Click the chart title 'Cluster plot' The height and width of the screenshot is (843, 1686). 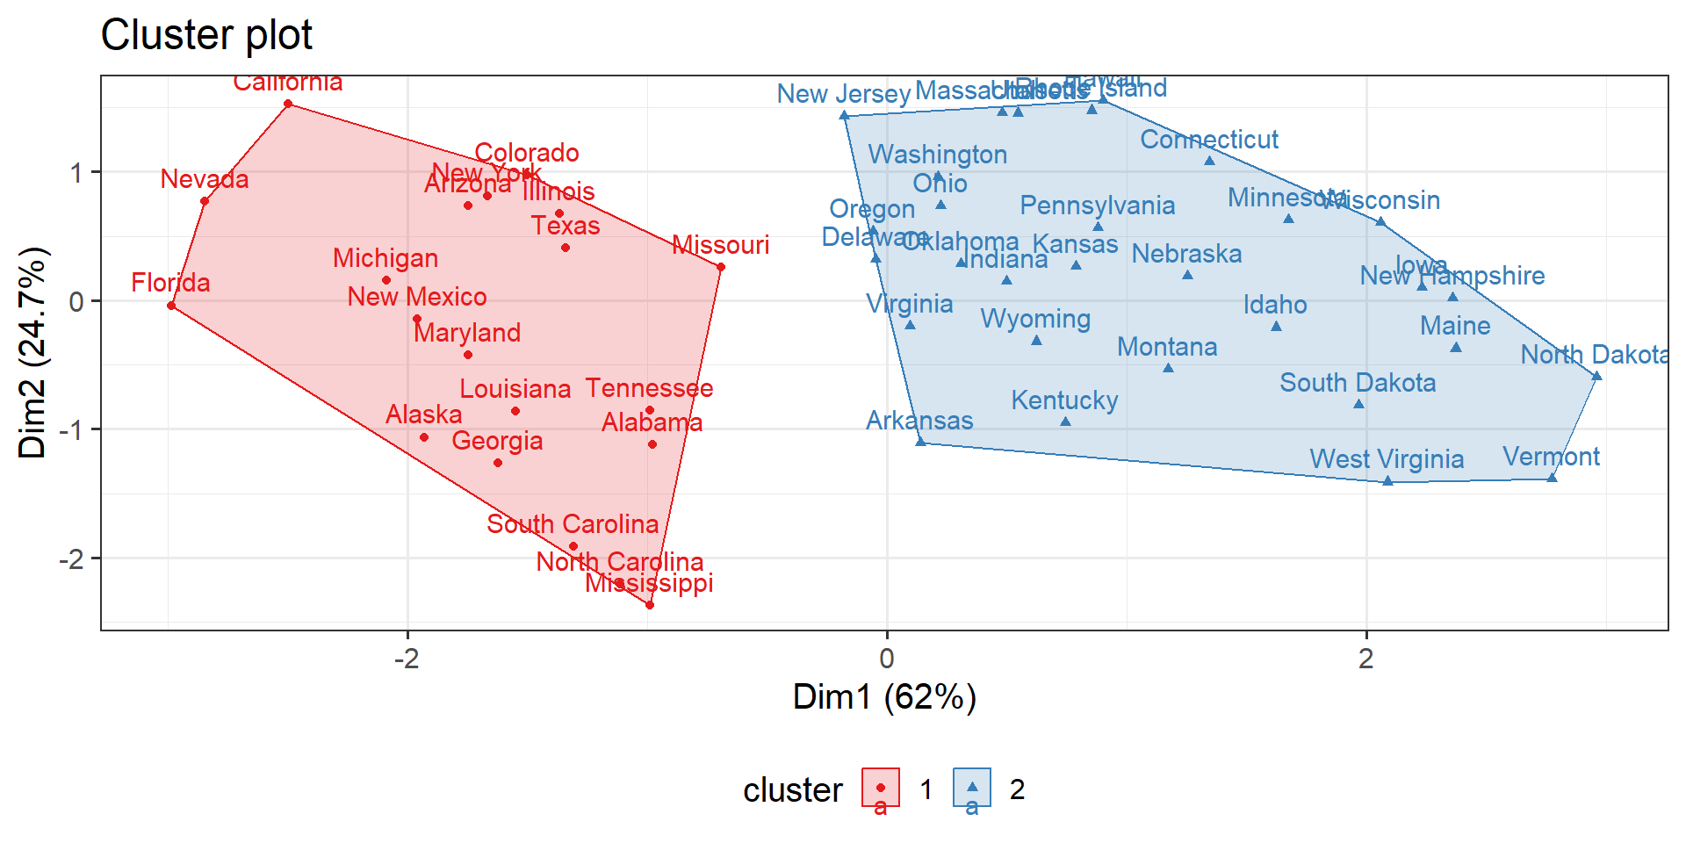pos(206,36)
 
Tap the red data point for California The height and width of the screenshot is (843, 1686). pos(288,104)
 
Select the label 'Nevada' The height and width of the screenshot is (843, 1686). pos(205,179)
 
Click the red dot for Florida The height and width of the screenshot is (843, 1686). pos(171,306)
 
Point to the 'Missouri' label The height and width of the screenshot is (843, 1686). pos(720,245)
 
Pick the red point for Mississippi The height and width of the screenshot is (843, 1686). pos(650,605)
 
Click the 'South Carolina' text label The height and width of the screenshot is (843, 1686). pos(573,524)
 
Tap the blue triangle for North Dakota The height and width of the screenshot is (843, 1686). pos(1596,377)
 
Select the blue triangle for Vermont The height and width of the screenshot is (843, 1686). pos(1552,478)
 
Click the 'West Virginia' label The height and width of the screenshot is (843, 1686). pos(1387,459)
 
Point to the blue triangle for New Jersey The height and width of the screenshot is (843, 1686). pos(844,115)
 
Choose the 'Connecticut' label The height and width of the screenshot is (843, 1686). pos(1209,140)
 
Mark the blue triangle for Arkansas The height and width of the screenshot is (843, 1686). pos(920,442)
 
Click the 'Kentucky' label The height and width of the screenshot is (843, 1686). pos(1064,400)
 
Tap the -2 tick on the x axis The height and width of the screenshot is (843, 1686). pos(406,659)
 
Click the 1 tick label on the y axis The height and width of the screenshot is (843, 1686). pos(77,172)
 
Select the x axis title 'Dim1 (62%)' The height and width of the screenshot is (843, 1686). pos(884,697)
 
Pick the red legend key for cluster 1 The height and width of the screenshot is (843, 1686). pos(881,788)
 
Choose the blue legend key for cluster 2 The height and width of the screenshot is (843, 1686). pos(972,788)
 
